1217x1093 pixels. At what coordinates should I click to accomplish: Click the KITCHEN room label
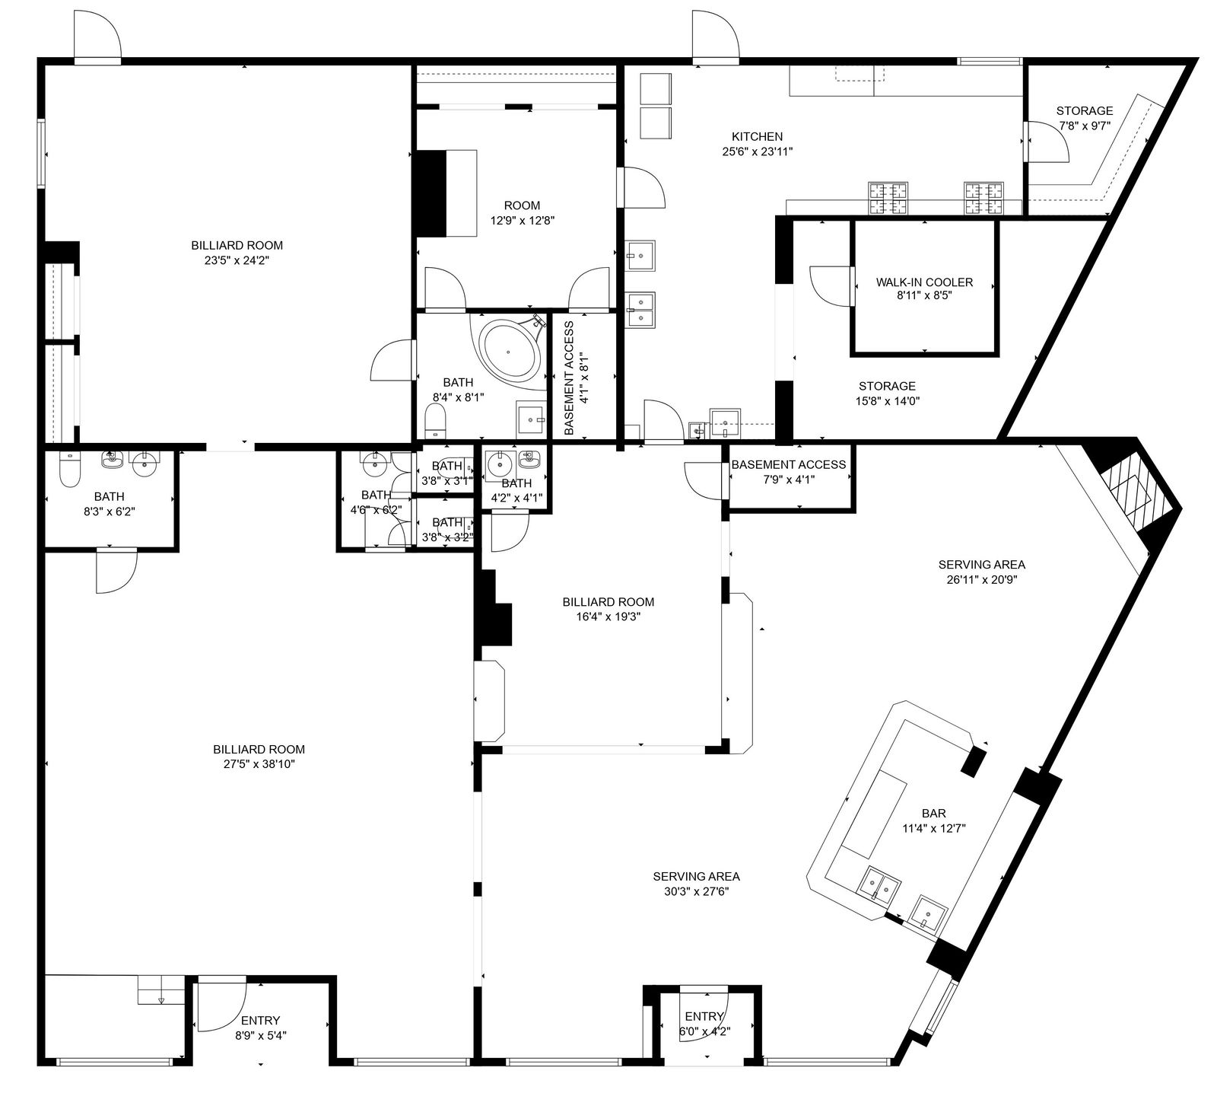click(757, 137)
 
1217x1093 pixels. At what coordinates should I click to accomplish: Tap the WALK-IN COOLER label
click(924, 282)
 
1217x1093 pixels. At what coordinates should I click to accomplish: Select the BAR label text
click(933, 814)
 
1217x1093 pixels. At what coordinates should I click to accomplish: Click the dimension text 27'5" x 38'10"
click(259, 764)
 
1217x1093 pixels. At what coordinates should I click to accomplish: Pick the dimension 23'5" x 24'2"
click(237, 260)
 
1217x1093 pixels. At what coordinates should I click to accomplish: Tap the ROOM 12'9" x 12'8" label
click(522, 213)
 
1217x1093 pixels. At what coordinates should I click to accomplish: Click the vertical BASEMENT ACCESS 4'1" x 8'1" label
click(577, 378)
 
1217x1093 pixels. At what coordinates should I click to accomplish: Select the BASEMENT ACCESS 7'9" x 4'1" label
click(789, 472)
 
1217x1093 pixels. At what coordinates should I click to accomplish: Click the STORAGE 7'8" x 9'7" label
click(1084, 119)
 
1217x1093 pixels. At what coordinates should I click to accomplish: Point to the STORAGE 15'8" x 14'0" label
click(887, 394)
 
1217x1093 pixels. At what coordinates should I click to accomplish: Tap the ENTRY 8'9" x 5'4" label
click(260, 1028)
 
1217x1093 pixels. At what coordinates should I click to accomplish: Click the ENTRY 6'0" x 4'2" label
click(704, 1024)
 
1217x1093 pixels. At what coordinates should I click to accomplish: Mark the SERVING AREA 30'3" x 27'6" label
click(696, 884)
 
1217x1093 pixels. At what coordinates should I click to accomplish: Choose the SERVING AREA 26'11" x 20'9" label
click(981, 572)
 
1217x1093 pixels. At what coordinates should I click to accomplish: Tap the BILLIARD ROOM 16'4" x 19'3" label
click(608, 609)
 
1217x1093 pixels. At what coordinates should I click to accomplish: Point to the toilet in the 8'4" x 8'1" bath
click(436, 421)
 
